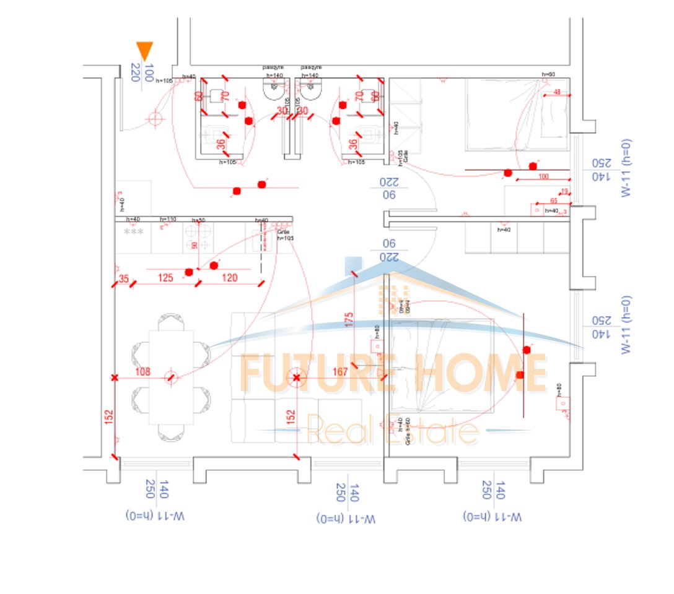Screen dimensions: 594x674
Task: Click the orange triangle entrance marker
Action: click(x=144, y=51)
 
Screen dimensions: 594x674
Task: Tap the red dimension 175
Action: click(x=349, y=319)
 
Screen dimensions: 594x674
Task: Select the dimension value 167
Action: click(x=340, y=372)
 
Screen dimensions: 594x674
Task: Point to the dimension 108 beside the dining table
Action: click(x=142, y=372)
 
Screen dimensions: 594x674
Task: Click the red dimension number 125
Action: click(x=165, y=278)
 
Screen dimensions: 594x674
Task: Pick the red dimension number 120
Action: click(x=229, y=278)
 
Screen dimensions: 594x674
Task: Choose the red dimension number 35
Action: click(x=124, y=279)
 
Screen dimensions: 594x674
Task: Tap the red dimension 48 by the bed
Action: click(x=557, y=93)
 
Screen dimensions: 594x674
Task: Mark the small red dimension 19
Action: click(x=564, y=191)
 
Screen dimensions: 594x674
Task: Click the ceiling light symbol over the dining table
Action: click(x=172, y=377)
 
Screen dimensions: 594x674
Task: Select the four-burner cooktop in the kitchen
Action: click(x=199, y=236)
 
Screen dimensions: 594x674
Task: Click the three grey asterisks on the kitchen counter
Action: click(x=133, y=232)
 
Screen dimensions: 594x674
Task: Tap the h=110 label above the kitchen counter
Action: click(x=168, y=219)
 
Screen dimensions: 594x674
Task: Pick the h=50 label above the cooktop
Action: click(x=198, y=220)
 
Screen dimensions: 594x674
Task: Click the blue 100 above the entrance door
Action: click(x=149, y=72)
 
